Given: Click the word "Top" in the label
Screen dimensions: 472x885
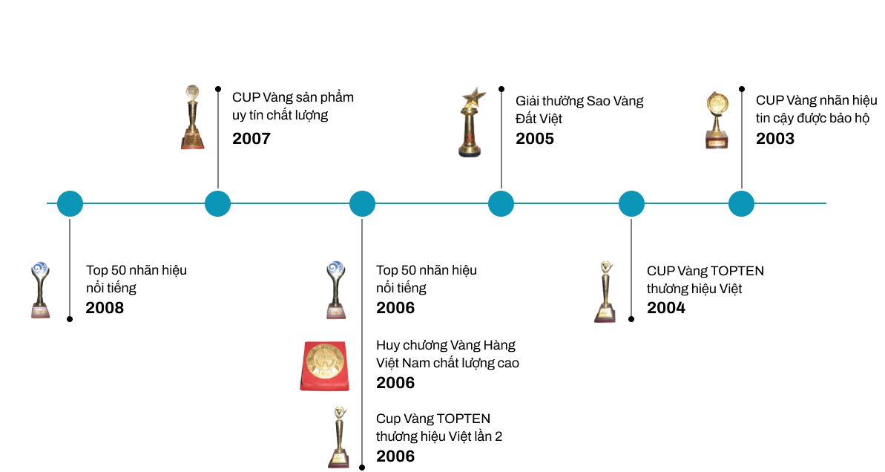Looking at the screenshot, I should pyautogui.click(x=96, y=271).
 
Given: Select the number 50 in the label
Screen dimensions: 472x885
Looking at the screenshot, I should pyautogui.click(x=119, y=271).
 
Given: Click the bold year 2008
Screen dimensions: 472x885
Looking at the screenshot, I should pyautogui.click(x=105, y=308).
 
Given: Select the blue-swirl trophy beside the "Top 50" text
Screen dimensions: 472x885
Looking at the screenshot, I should pyautogui.click(x=40, y=290).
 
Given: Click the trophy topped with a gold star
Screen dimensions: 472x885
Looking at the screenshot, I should pyautogui.click(x=472, y=122).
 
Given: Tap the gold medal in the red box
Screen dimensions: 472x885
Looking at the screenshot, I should pyautogui.click(x=324, y=366).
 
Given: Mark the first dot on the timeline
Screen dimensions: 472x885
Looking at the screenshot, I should pyautogui.click(x=70, y=203).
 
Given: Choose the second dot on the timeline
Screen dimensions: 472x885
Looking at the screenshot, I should pyautogui.click(x=217, y=203).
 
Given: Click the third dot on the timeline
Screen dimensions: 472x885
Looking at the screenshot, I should pyautogui.click(x=362, y=203).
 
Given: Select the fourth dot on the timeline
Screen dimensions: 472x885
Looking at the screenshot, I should pyautogui.click(x=501, y=203).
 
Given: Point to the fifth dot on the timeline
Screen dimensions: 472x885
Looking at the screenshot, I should pyautogui.click(x=631, y=203).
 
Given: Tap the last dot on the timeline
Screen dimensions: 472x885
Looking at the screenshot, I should pyautogui.click(x=741, y=203).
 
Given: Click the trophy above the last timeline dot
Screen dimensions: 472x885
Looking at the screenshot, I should pyautogui.click(x=717, y=119).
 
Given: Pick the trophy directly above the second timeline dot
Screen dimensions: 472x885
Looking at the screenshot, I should pyautogui.click(x=192, y=117).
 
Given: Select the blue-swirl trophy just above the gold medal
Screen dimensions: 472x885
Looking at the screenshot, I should pyautogui.click(x=336, y=289).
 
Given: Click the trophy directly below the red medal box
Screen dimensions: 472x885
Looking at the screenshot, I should pyautogui.click(x=338, y=437).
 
